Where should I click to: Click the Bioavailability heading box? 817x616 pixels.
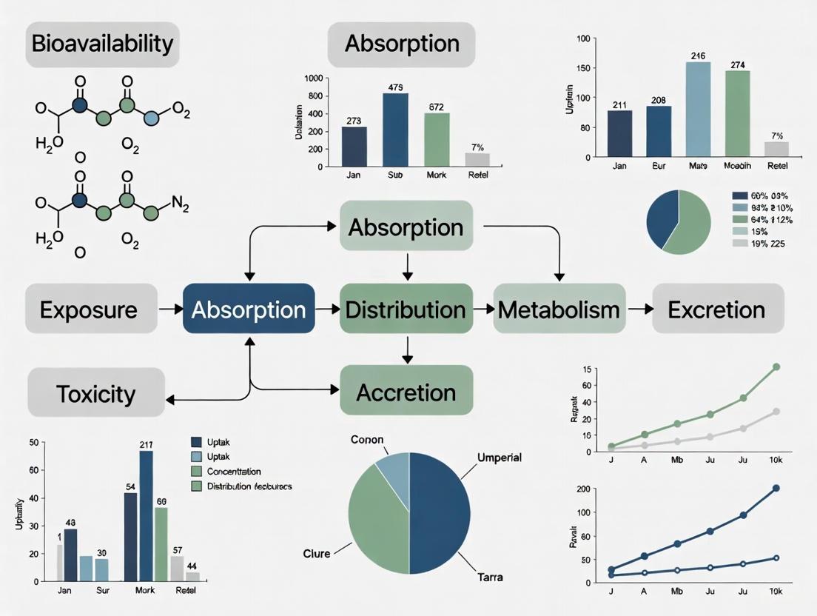[x=102, y=43]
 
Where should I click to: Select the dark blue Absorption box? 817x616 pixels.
[x=249, y=309]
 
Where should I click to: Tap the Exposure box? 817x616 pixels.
[x=89, y=309]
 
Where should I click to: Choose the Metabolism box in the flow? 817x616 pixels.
[x=559, y=309]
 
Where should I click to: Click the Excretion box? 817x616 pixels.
[x=716, y=309]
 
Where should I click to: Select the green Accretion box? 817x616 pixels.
[x=406, y=392]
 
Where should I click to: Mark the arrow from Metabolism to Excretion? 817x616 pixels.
[x=639, y=309]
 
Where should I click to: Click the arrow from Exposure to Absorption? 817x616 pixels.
[x=171, y=309]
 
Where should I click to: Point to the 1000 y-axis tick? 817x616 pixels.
[x=312, y=78]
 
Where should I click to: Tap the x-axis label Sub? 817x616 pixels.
[x=395, y=176]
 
